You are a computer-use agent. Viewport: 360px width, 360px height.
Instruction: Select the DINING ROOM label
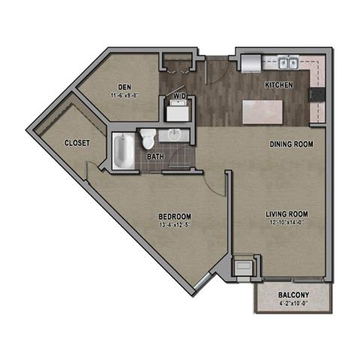[x=291, y=144]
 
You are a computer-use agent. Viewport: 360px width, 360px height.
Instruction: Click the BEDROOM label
[x=172, y=215]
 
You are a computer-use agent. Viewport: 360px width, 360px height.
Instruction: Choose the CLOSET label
[x=78, y=142]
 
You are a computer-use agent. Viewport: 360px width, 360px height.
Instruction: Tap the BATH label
[x=156, y=156]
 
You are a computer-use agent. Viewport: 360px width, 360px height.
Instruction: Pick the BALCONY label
[x=293, y=295]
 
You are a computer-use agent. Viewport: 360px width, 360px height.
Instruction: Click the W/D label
[x=179, y=97]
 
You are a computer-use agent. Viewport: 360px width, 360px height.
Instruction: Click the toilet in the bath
[x=148, y=138]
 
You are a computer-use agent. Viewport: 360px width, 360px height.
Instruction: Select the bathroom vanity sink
[x=175, y=135]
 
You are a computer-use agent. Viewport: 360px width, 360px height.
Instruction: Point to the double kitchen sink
[x=288, y=64]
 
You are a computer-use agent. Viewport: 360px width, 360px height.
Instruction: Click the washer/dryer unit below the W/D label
[x=178, y=112]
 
